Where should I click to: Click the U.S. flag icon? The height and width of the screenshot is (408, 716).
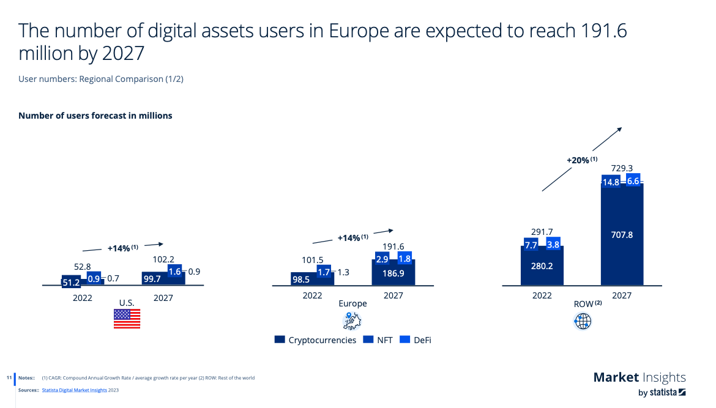coord(127,319)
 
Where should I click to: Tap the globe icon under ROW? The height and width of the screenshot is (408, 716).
coord(583,321)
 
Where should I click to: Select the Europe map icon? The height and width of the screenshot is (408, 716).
coord(352,320)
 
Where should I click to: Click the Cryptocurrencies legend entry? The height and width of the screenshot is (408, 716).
coord(315,339)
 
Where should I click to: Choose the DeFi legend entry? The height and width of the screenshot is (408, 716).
coord(416,339)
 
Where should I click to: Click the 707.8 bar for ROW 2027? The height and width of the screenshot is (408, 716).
coord(622,235)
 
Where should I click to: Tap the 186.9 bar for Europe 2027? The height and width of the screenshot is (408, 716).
coord(393,273)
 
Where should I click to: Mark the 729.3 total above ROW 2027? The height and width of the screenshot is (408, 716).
coord(622,168)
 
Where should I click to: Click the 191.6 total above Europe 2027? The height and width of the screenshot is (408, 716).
coord(393,246)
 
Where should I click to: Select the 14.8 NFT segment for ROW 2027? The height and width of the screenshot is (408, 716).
coord(611,182)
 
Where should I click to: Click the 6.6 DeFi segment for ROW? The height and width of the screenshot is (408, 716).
coord(633,181)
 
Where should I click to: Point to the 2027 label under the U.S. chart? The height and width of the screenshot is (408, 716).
coord(163,298)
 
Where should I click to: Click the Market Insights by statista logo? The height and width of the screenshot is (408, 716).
coord(640,384)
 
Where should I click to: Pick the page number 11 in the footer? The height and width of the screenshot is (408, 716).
coord(9,377)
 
